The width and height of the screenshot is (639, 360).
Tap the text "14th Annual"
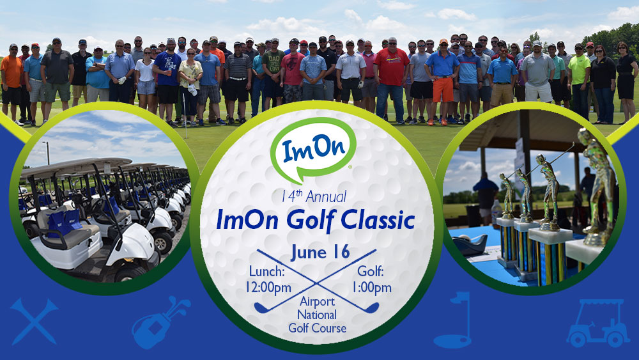[x=314, y=196]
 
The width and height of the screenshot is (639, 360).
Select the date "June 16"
[x=320, y=253]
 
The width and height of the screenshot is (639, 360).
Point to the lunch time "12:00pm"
[x=268, y=288]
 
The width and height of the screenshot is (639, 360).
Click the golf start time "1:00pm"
[x=371, y=288]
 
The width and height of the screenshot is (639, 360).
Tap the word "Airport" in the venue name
[x=317, y=302]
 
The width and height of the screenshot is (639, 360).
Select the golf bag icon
[x=160, y=322]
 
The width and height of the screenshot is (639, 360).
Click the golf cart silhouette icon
[x=598, y=324]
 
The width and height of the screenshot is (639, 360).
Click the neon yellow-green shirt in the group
[x=579, y=69]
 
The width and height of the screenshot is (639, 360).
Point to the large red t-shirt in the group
[x=391, y=67]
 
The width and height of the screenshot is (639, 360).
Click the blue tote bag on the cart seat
[x=65, y=223]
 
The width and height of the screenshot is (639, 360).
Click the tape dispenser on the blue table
[x=470, y=245]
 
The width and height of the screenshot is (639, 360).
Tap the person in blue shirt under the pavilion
[x=486, y=198]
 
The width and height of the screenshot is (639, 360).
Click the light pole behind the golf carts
[x=47, y=153]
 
